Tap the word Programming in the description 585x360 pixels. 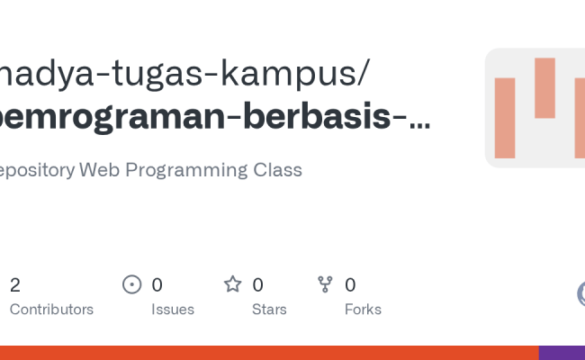(186, 170)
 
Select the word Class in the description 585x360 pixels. (278, 170)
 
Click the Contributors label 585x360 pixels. (51, 309)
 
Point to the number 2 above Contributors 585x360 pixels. (15, 285)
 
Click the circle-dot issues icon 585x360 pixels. (132, 285)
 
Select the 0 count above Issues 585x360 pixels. (157, 285)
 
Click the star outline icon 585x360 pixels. (233, 285)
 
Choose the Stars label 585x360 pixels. (269, 309)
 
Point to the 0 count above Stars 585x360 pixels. (257, 285)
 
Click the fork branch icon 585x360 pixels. (326, 285)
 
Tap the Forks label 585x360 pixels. (363, 309)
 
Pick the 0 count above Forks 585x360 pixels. (350, 285)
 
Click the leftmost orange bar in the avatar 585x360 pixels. (505, 118)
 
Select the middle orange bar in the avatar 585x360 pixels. (544, 88)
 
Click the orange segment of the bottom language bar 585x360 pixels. (270, 353)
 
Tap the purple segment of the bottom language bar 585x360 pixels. (562, 353)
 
